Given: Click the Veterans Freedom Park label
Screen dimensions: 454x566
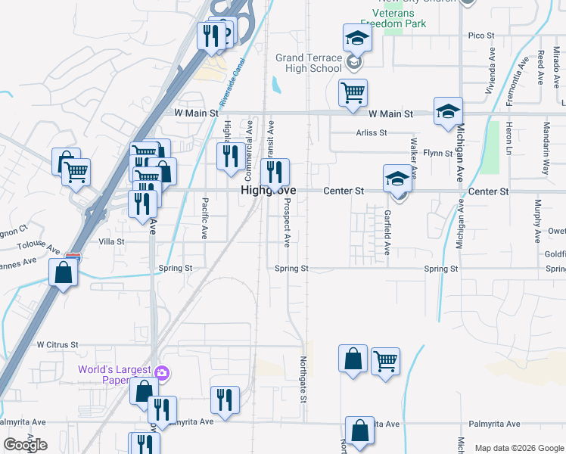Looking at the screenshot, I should click(393, 17).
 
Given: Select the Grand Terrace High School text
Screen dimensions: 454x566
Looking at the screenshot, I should click(309, 63).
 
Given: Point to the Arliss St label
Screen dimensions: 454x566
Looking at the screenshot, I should click(372, 132).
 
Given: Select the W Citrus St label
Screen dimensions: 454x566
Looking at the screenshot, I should click(58, 344).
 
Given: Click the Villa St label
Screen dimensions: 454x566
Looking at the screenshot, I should click(111, 241).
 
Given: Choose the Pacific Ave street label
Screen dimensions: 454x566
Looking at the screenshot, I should click(204, 218).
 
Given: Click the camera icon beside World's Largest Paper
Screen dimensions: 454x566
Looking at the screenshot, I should click(160, 372).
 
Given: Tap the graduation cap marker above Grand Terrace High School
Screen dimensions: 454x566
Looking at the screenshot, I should click(358, 38).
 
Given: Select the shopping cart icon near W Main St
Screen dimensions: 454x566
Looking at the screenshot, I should click(353, 92).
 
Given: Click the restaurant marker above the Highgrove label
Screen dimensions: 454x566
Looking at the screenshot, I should click(275, 173).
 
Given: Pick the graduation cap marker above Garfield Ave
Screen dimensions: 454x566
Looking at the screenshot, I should click(397, 179).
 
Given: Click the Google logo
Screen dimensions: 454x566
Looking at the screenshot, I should click(25, 445).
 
